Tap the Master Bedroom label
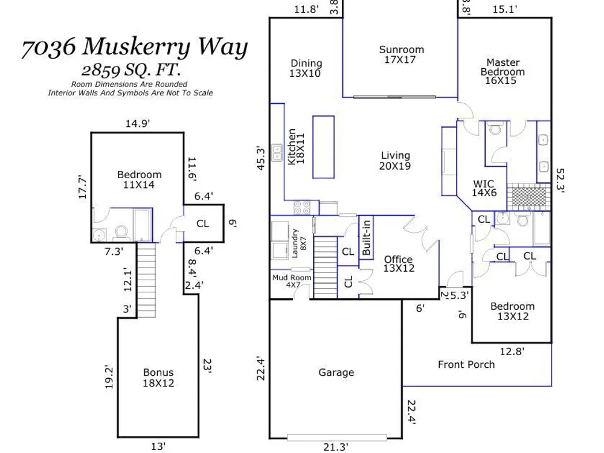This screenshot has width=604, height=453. pyautogui.click(x=503, y=71)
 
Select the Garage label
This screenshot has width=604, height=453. pyautogui.click(x=336, y=373)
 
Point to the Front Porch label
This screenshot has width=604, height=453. pyautogui.click(x=466, y=364)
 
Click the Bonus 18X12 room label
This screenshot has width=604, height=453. pyautogui.click(x=158, y=378)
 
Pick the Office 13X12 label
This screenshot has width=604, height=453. pyautogui.click(x=399, y=264)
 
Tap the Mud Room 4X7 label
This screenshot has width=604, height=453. pyautogui.click(x=292, y=281)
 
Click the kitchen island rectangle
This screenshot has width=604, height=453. pyautogui.click(x=323, y=147)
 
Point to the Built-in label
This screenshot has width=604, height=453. pyautogui.click(x=367, y=237)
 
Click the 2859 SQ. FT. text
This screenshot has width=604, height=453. pyautogui.click(x=131, y=70)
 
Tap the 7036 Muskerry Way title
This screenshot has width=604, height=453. pyautogui.click(x=135, y=47)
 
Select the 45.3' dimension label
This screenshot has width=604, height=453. pyautogui.click(x=261, y=158)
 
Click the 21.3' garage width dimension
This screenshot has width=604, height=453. pyautogui.click(x=335, y=446)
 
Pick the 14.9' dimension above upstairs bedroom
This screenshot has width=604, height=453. pyautogui.click(x=138, y=124)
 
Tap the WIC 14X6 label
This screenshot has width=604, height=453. pyautogui.click(x=484, y=188)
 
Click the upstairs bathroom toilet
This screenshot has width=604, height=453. pyautogui.click(x=121, y=233)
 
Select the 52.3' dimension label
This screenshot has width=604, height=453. pyautogui.click(x=560, y=180)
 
